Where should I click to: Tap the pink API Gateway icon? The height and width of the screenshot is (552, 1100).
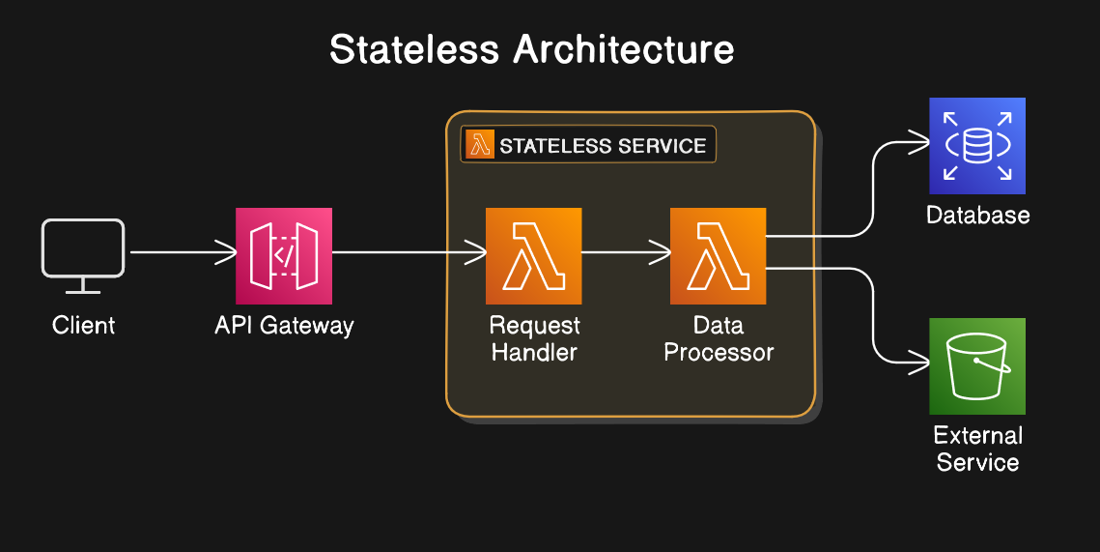(283, 255)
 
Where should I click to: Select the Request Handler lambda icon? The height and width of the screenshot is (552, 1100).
(534, 255)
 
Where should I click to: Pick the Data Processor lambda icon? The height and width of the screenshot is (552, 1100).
(718, 255)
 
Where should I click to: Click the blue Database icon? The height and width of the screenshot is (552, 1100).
(977, 145)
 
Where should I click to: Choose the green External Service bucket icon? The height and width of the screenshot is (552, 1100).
(977, 365)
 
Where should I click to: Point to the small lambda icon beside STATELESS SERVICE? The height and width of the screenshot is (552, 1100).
(480, 145)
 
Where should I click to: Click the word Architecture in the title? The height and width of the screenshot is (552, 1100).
(624, 49)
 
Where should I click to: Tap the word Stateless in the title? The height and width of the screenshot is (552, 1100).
(414, 49)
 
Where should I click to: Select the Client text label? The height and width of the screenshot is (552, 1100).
(83, 325)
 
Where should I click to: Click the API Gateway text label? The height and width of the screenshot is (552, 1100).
(284, 326)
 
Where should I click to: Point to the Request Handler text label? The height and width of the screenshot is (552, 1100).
(535, 338)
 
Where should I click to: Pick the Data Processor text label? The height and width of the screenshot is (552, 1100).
(719, 338)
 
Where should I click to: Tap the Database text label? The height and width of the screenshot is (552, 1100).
(978, 215)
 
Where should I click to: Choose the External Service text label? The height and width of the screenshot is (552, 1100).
(978, 449)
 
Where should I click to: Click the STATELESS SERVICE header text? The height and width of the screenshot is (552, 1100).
(603, 145)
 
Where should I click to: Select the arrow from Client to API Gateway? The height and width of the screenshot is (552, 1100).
(183, 252)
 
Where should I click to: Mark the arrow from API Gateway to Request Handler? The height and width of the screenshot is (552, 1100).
(409, 252)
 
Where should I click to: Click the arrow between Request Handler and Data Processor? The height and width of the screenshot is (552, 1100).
(627, 252)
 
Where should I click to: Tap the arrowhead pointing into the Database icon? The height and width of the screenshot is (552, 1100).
(919, 142)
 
